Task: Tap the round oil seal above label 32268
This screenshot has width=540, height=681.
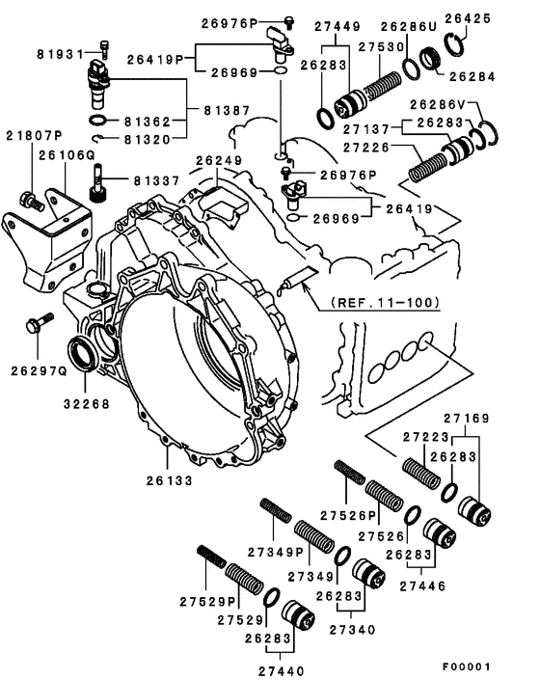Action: (x=82, y=355)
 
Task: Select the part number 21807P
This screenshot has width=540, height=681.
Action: (x=35, y=136)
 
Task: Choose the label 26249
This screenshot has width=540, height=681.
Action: (x=219, y=160)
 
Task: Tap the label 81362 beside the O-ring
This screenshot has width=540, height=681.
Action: (x=150, y=122)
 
